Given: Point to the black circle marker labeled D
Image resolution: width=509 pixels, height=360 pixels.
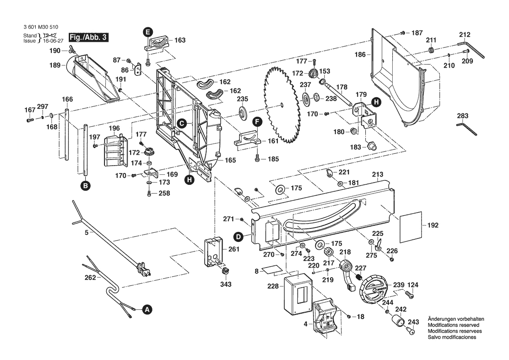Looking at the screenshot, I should coord(238,237).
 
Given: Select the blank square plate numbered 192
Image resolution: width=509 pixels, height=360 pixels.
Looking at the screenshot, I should coord(410,226).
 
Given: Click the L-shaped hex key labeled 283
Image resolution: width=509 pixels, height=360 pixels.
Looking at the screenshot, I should coord(466,128).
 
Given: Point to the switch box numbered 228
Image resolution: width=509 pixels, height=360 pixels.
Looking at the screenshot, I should coord(296,295).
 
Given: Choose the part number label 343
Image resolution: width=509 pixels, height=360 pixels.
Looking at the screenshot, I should coord(226,284).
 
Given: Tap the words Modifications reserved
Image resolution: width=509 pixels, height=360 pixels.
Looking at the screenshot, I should coord(453,326).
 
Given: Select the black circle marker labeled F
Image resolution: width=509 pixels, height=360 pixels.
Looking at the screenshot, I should coord(257,122).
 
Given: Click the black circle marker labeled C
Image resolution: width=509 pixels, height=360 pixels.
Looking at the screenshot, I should coord(182,123).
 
